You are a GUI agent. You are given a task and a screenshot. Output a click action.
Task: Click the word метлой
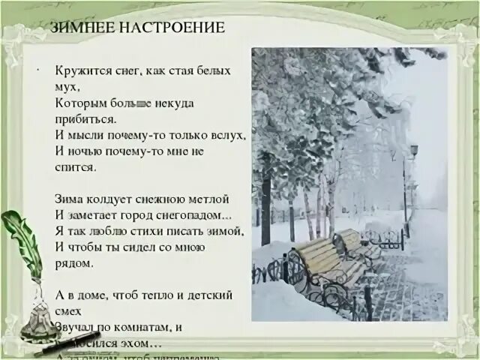(209, 199)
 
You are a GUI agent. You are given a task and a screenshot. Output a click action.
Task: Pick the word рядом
(73, 263)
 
